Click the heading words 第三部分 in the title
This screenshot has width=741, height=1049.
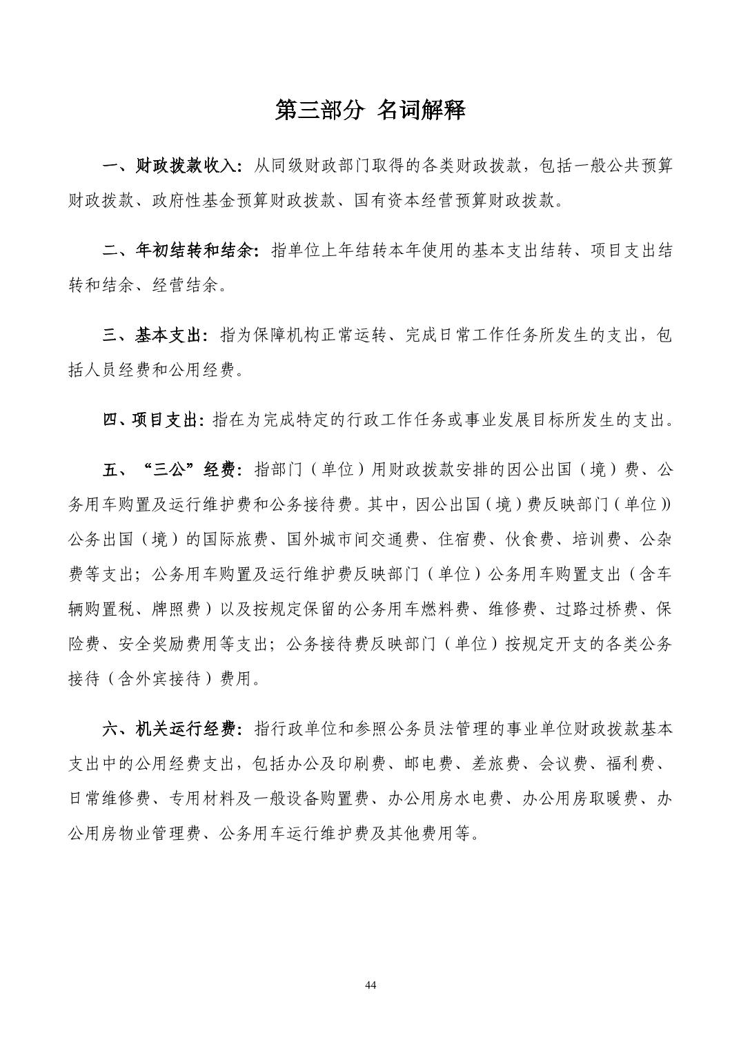[x=318, y=110]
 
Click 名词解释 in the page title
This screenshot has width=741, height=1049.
[x=422, y=110]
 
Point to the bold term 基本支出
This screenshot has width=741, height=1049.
[x=169, y=336]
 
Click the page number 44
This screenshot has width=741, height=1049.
[x=370, y=985]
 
